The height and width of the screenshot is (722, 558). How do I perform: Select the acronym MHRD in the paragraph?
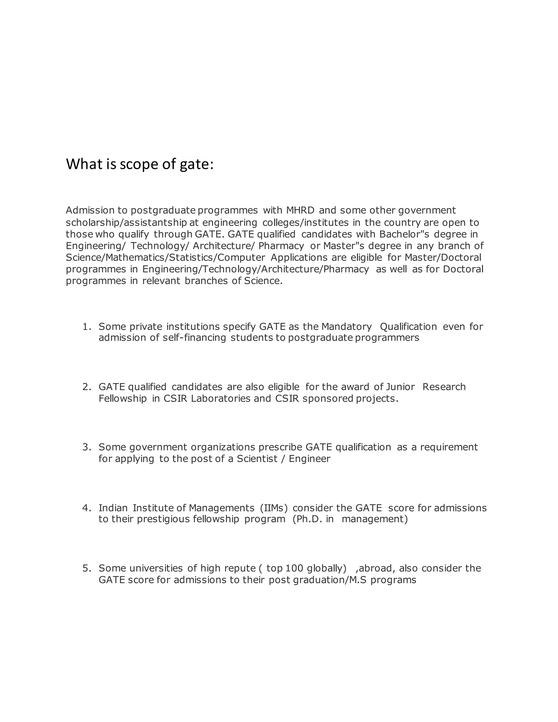click(x=300, y=210)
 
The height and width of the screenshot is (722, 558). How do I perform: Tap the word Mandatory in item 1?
click(x=347, y=327)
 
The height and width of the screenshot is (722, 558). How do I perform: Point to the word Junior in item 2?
click(x=400, y=387)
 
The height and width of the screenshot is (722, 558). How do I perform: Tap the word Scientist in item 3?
click(x=257, y=459)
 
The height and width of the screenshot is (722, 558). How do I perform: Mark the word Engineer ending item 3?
click(x=310, y=459)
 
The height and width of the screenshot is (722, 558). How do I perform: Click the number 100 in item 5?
click(x=292, y=568)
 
